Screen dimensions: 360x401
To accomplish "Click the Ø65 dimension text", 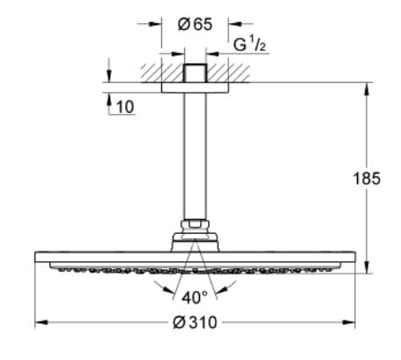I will [x=195, y=25].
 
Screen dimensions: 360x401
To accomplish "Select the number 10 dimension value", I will [x=125, y=107].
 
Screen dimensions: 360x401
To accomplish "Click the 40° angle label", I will [x=195, y=296].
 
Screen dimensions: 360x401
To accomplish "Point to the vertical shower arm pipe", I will [x=195, y=154].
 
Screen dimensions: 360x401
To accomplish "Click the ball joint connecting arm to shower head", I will [x=195, y=230].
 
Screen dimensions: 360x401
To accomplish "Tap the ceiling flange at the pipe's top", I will [x=195, y=74].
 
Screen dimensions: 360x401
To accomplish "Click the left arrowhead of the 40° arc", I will [x=159, y=289].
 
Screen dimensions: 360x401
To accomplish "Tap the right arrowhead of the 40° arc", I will [x=231, y=289].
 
